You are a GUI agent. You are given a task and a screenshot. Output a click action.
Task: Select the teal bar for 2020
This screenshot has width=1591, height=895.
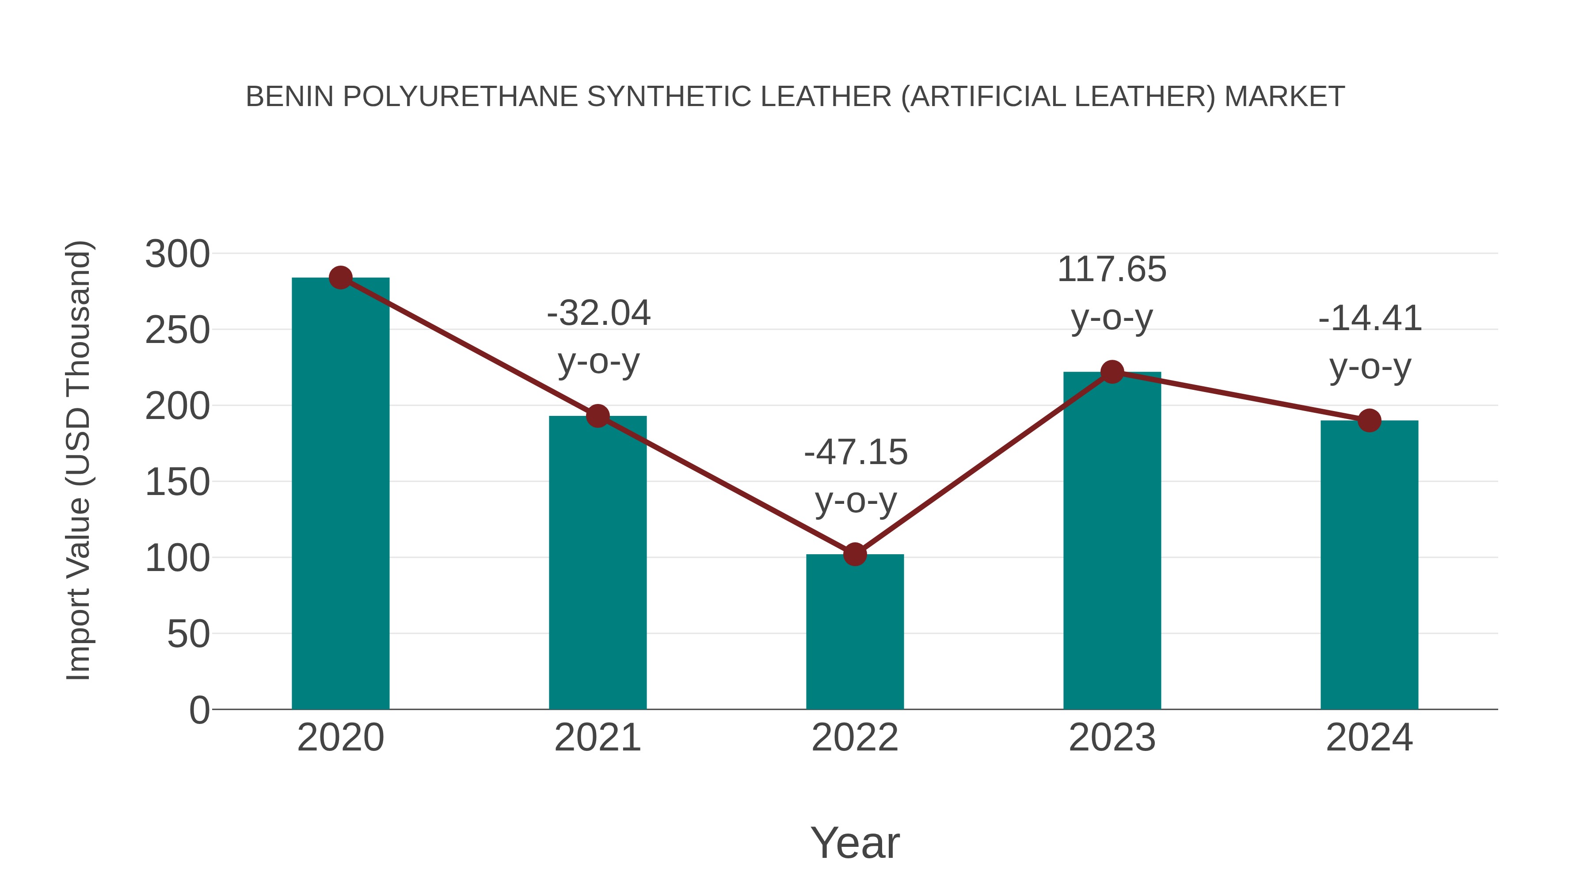[x=340, y=494]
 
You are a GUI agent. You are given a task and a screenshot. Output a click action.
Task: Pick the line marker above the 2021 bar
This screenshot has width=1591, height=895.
[x=597, y=416]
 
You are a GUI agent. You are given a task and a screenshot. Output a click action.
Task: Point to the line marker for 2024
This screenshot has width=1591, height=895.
[x=1369, y=421]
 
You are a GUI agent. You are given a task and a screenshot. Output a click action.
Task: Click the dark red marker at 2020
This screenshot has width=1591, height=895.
[x=340, y=278]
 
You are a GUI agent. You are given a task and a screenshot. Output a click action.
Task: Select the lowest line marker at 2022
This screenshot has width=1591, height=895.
[x=855, y=555]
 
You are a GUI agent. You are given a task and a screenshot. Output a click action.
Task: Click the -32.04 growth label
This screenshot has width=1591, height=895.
[x=598, y=313]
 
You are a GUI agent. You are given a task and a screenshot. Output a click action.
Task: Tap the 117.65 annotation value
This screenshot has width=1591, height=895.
[x=1112, y=270]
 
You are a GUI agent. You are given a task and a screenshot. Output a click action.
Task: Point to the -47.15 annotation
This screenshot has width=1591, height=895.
[x=856, y=452]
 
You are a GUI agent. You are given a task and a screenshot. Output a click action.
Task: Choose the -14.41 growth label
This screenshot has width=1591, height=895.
[x=1370, y=319]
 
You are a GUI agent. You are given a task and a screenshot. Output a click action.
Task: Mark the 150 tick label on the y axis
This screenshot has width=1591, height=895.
[x=177, y=482]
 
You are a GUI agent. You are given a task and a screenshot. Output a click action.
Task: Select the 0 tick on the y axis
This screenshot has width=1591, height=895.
[x=199, y=710]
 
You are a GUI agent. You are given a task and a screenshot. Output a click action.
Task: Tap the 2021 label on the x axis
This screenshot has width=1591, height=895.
[x=597, y=738]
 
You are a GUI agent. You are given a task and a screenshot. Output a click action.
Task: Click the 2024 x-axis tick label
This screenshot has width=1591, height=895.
[x=1369, y=738]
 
